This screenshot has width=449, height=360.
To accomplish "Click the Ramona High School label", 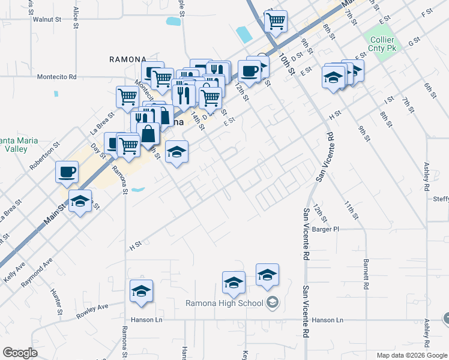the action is tap(224, 302).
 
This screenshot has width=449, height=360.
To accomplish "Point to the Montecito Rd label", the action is tap(56, 77).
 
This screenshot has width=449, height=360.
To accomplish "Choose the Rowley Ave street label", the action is tap(92, 310).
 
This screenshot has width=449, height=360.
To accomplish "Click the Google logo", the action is tap(19, 352).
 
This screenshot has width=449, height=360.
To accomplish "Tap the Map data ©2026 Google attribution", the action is tap(412, 355).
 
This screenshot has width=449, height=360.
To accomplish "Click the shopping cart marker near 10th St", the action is tap(275, 22).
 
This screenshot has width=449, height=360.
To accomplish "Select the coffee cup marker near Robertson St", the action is tap(67, 172).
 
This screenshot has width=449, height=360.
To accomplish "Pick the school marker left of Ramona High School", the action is tap(234, 282).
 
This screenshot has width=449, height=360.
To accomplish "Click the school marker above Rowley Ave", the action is tap(141, 291).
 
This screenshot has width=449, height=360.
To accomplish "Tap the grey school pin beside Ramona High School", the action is tap(273, 302).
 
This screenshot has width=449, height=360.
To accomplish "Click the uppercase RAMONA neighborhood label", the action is tap(128, 59).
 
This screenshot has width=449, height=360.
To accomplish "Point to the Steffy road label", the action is tap(440, 200).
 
